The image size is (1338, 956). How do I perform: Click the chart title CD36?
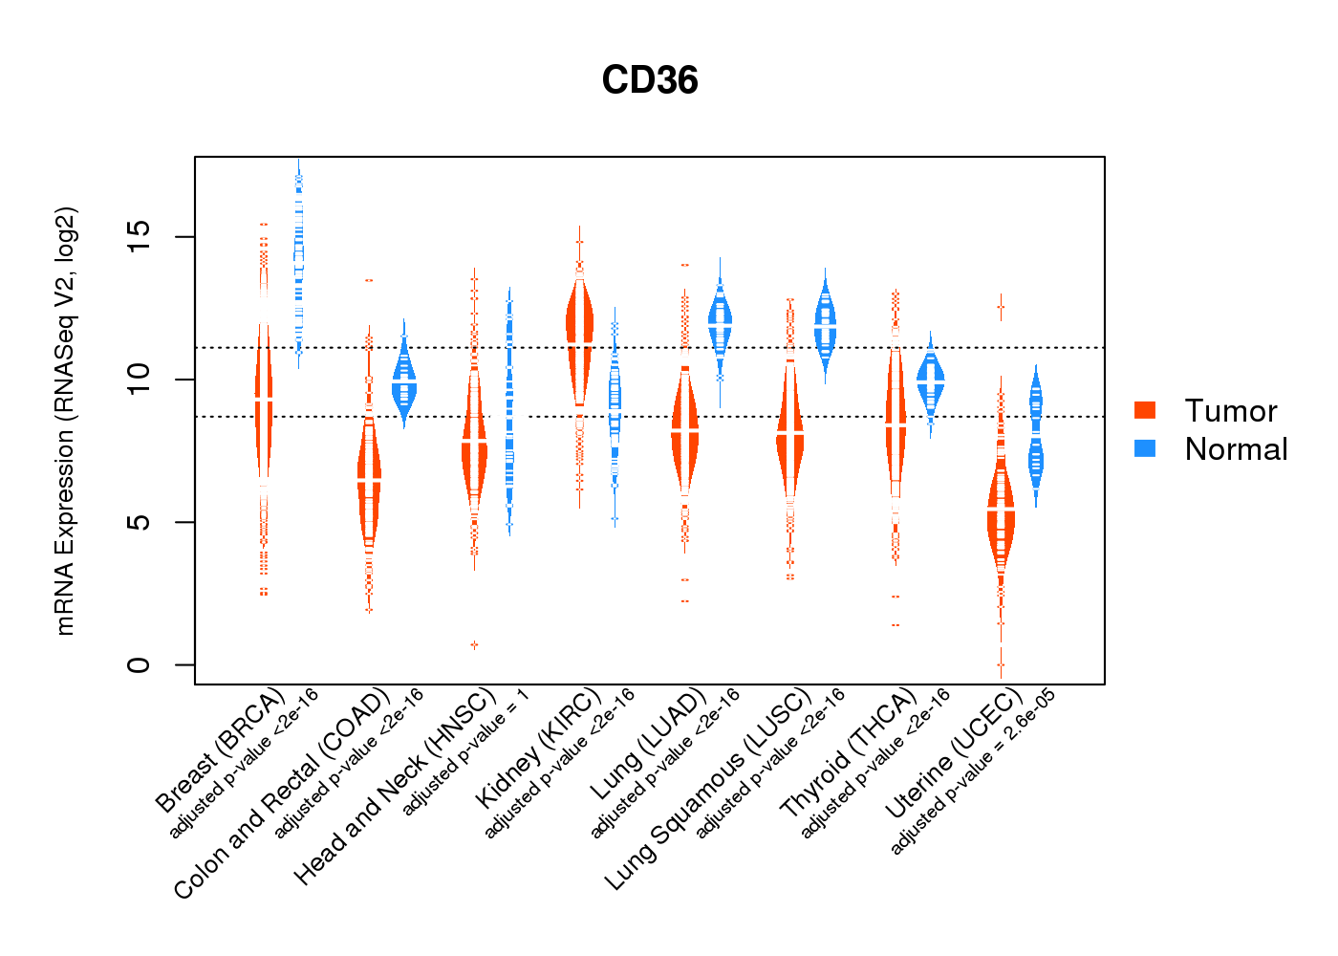650,80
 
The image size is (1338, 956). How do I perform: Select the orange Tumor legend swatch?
1145,410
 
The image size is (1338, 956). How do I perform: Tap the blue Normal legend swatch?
1145,448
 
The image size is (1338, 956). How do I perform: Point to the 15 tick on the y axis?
140,236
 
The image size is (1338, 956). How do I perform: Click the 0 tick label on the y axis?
140,664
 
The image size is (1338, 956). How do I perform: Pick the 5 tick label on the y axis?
140,522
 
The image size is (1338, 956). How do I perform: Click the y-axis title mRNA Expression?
65,421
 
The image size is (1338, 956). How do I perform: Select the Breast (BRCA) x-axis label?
220,750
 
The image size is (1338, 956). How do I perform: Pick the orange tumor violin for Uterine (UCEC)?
1001,516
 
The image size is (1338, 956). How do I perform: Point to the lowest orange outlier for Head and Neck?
474,645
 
